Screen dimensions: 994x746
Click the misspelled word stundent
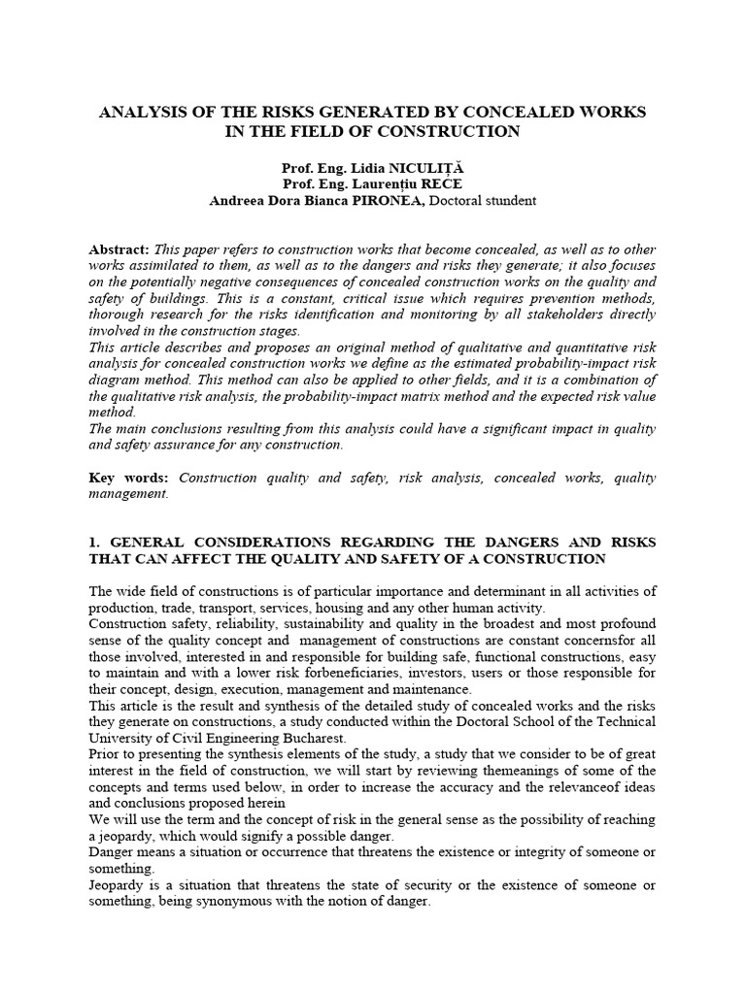click(x=506, y=201)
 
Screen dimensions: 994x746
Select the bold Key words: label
click(x=128, y=478)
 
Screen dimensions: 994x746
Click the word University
click(x=119, y=738)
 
